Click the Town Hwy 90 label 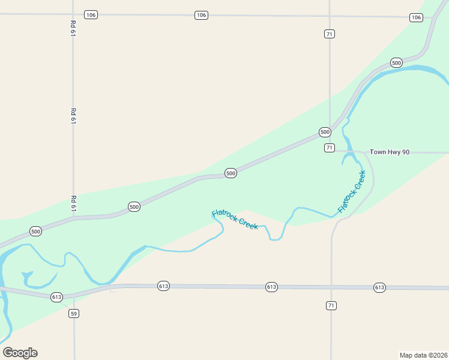coord(389,152)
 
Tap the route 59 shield coord(74,314)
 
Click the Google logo coord(20,353)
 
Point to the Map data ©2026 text coord(423,355)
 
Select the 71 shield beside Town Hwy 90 coord(329,148)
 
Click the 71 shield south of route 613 coord(331,306)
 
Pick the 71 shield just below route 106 coord(329,34)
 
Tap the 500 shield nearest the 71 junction coord(325,132)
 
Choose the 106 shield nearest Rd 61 coord(91,14)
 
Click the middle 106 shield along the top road coord(201,15)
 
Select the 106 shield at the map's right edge coord(416,17)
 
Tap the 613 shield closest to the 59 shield coord(57,297)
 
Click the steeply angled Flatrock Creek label coord(351,191)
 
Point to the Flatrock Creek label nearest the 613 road coord(235,219)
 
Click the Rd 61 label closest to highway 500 coord(73,203)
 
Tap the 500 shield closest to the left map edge coord(35,231)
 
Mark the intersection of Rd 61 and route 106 coord(73,14)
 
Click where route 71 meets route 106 coord(330,16)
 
